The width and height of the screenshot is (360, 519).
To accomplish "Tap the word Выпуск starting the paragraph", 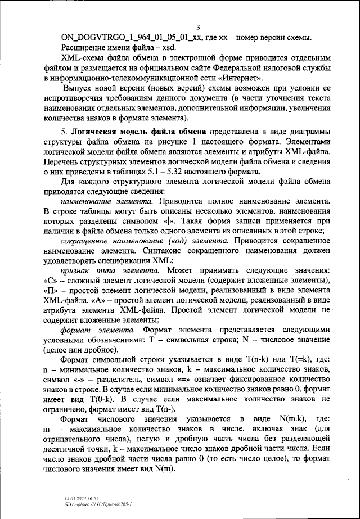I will click(78, 90).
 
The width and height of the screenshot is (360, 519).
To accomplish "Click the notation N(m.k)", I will click(287, 419).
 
